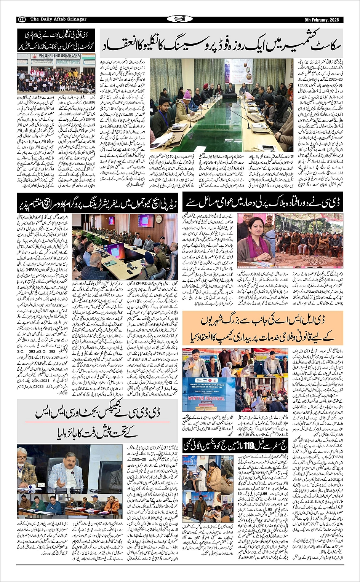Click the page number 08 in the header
[22, 19]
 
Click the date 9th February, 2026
[322, 20]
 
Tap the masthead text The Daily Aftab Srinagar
[58, 19]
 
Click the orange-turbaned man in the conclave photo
[206, 86]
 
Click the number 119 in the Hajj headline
[250, 444]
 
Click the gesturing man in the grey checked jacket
[65, 474]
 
